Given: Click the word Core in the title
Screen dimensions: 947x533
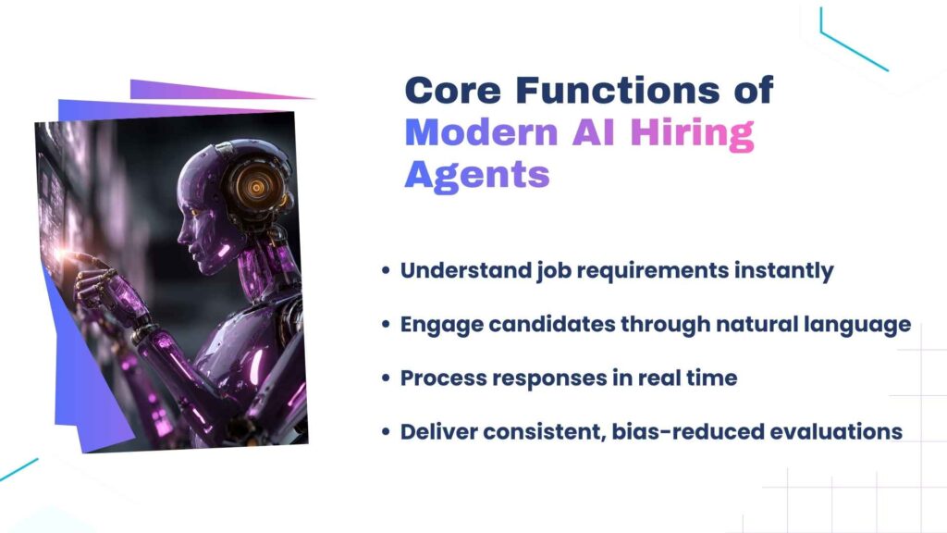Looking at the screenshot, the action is pos(453,90).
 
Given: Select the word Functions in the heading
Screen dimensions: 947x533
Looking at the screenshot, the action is pos(618,90).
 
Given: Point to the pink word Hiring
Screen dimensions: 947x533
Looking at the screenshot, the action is pos(692,133).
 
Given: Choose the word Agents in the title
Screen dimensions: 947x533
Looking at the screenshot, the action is pos(477,175).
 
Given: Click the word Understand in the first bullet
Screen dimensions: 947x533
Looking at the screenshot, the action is pos(466,270).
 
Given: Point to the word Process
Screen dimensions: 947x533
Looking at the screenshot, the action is pos(444,378).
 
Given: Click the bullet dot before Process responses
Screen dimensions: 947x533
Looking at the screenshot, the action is pos(387,378).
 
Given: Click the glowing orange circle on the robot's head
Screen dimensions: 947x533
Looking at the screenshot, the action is pos(257,187).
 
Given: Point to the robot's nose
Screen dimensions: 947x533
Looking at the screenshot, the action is pos(180,236).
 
